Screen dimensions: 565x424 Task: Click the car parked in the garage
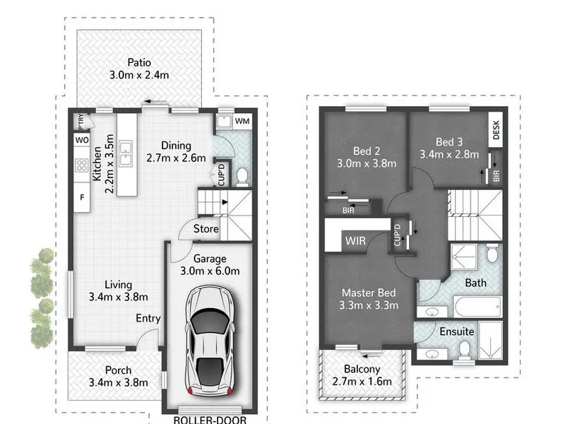pyautogui.click(x=209, y=341)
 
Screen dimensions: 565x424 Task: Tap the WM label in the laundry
pyautogui.click(x=242, y=121)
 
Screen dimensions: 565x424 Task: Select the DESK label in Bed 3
pyautogui.click(x=496, y=130)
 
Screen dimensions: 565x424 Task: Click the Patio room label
pyautogui.click(x=139, y=62)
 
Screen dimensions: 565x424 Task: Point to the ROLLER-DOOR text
pyautogui.click(x=210, y=420)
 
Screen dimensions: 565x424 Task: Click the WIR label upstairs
pyautogui.click(x=355, y=240)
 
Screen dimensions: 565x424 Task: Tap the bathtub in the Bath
pyautogui.click(x=477, y=307)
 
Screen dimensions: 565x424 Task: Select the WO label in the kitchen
pyautogui.click(x=82, y=140)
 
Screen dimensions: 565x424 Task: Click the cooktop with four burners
pyautogui.click(x=82, y=165)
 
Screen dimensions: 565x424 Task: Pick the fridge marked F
pyautogui.click(x=82, y=197)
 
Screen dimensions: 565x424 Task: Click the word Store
pyautogui.click(x=206, y=228)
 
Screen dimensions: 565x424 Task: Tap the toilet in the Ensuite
pyautogui.click(x=465, y=350)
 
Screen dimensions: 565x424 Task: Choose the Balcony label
pyautogui.click(x=362, y=369)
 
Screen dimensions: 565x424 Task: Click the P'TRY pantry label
pyautogui.click(x=81, y=122)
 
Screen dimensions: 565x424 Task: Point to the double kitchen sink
pyautogui.click(x=126, y=153)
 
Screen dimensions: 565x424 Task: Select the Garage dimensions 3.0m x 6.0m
pyautogui.click(x=210, y=271)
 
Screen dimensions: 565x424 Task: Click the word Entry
pyautogui.click(x=148, y=319)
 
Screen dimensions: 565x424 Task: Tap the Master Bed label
pyautogui.click(x=369, y=293)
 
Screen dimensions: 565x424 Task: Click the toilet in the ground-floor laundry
pyautogui.click(x=242, y=176)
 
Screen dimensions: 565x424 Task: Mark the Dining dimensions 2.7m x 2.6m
pyautogui.click(x=176, y=158)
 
